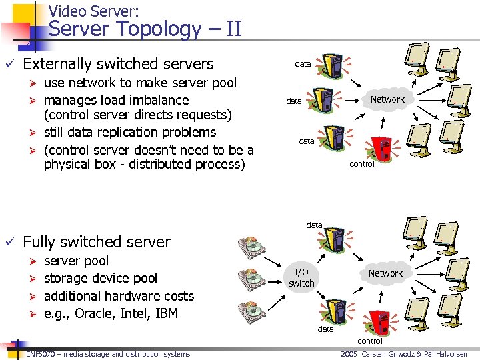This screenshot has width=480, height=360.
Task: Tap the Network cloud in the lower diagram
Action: click(385, 274)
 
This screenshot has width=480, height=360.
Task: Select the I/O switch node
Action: click(301, 277)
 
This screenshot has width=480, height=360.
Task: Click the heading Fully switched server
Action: click(97, 242)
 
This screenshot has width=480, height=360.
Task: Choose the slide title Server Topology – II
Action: click(145, 29)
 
